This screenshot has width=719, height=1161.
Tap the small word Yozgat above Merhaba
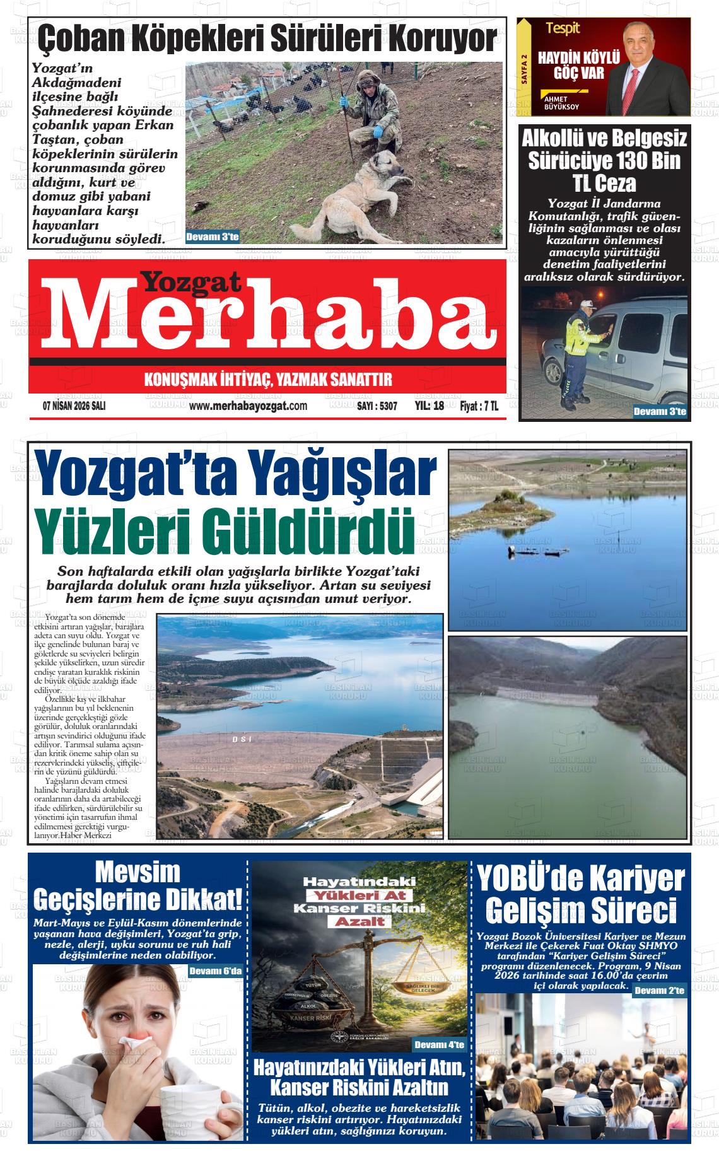[x=190, y=283]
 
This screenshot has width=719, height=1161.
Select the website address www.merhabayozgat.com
[x=248, y=406]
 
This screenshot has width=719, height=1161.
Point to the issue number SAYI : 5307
[x=377, y=407]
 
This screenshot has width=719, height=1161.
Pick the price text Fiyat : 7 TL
[x=479, y=407]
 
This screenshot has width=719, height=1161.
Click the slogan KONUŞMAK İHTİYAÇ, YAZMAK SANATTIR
[x=268, y=380]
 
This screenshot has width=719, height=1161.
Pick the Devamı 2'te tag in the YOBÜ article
[x=659, y=991]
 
